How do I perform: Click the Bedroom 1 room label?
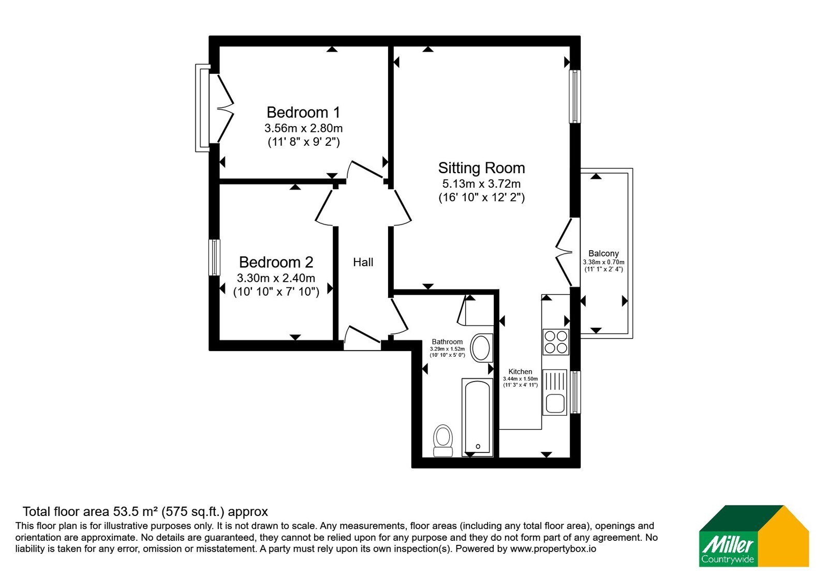coord(303,112)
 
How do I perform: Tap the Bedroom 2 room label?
coord(276,262)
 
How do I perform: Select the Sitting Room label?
coord(481,168)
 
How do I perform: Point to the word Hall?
coord(363,262)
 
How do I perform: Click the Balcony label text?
coord(603,253)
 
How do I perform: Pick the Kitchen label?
coord(520,372)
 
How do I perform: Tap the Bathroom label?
coord(447,342)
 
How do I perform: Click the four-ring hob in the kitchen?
coord(556,342)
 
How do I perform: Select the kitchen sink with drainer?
coord(554,392)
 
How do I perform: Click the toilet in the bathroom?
coord(443,440)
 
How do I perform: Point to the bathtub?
coord(478,417)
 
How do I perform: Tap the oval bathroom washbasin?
coord(481,347)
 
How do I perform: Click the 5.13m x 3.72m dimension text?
coord(481,184)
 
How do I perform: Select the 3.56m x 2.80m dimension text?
coord(303,128)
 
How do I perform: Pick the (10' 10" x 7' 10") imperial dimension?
coord(276,292)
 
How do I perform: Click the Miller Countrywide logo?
coord(754,536)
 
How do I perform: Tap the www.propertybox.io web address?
coord(553,548)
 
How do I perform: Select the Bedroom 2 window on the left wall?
coord(214,257)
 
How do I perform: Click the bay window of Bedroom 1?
coord(202,108)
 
